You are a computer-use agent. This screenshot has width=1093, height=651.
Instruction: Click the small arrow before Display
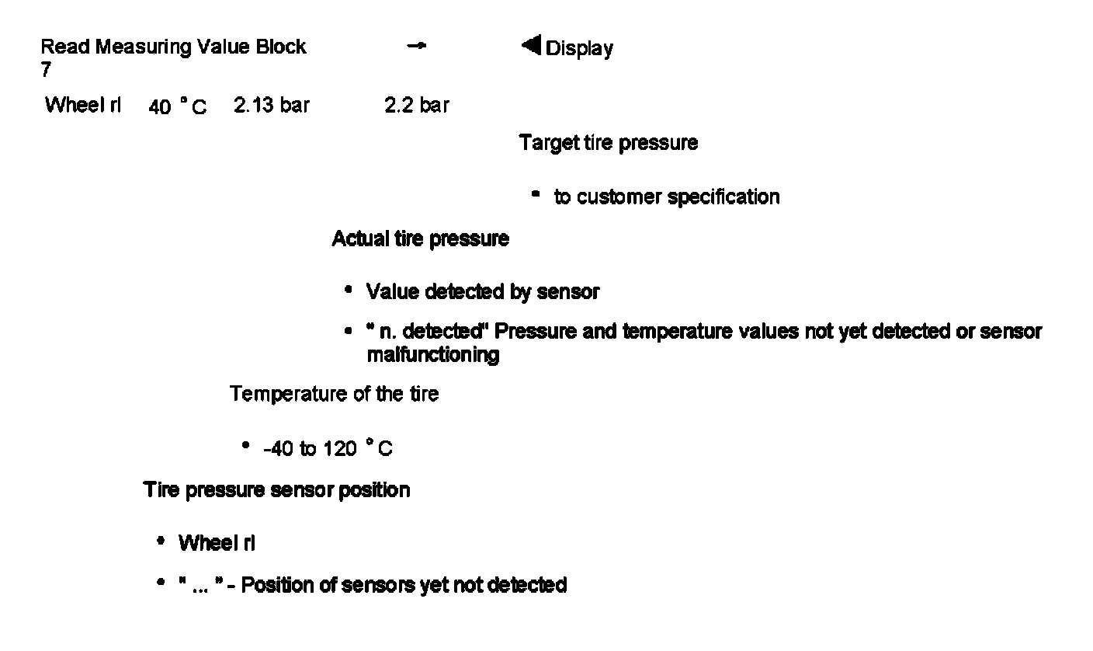[x=417, y=47]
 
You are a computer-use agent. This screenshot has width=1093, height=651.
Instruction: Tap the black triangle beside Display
[x=532, y=47]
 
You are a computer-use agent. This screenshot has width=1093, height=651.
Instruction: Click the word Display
[x=579, y=49]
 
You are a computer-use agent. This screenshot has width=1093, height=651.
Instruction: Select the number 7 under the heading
[x=46, y=70]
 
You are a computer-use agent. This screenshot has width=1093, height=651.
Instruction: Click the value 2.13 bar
[x=271, y=106]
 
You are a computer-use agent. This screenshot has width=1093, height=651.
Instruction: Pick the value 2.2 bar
[x=416, y=106]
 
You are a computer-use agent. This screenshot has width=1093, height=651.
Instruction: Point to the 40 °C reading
[x=178, y=107]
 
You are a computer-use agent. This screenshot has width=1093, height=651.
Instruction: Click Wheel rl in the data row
[x=83, y=106]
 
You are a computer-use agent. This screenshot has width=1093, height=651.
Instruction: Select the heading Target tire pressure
[x=609, y=144]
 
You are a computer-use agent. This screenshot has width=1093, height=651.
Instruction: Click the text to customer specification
[x=667, y=197]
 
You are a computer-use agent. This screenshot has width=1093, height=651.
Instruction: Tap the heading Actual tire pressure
[x=421, y=239]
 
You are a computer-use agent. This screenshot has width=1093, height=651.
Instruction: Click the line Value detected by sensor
[x=483, y=292]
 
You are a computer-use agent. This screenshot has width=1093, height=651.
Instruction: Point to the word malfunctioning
[x=432, y=356]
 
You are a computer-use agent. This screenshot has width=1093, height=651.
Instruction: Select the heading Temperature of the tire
[x=334, y=395]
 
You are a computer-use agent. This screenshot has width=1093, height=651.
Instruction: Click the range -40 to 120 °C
[x=328, y=449]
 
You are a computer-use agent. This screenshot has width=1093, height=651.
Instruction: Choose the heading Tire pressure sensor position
[x=276, y=491]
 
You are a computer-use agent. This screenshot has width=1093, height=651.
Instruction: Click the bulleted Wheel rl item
[x=217, y=544]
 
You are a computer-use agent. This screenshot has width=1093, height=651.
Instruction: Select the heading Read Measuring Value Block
[x=173, y=47]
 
